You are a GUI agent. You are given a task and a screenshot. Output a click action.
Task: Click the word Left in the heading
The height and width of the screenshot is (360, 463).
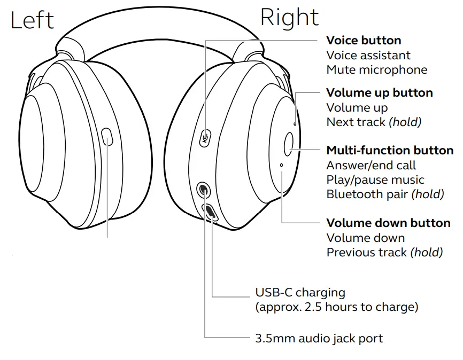click(32, 20)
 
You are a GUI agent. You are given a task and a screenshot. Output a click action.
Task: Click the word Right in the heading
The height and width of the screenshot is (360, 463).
click(289, 18)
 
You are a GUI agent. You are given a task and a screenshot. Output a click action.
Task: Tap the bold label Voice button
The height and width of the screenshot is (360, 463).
click(364, 40)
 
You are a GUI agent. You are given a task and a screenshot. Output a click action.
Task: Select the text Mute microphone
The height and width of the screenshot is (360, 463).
click(377, 69)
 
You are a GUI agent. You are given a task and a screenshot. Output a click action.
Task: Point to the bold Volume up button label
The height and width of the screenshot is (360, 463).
click(380, 93)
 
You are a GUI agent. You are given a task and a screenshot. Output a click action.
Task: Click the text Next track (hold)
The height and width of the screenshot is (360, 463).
click(374, 122)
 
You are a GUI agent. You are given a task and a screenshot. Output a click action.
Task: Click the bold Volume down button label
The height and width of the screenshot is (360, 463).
click(388, 223)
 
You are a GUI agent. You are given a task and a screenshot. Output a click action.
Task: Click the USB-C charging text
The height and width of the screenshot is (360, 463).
click(300, 293)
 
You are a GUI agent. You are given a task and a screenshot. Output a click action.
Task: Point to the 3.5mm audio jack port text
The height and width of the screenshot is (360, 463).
click(319, 338)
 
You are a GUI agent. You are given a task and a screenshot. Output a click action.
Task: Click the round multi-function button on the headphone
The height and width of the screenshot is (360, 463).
click(289, 144)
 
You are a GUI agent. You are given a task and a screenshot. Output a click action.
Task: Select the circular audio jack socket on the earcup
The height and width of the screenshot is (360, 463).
click(204, 188)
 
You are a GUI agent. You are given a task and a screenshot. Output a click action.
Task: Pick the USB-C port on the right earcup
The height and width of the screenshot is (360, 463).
click(210, 212)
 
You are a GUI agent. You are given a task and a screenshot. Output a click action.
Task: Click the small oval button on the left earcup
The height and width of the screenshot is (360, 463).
click(107, 136)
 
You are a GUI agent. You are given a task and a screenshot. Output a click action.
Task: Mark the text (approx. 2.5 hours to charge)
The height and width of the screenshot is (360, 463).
click(337, 307)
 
